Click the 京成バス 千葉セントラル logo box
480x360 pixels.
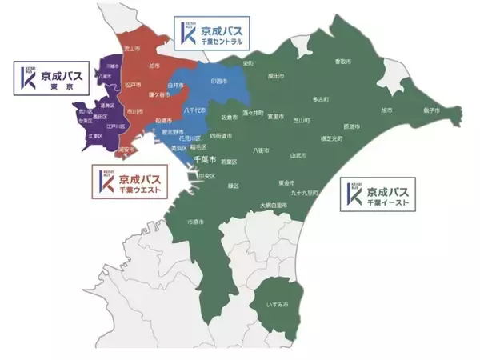click(x=209, y=30)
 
